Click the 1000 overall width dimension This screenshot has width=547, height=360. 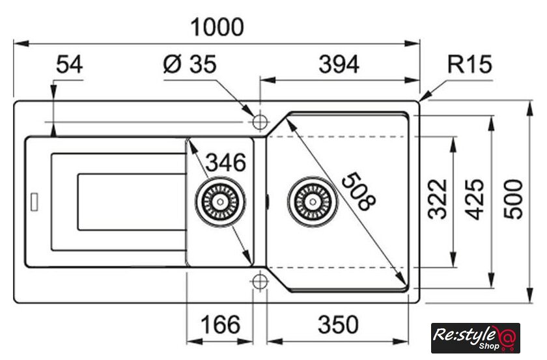[217, 27]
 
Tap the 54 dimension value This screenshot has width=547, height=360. [70, 65]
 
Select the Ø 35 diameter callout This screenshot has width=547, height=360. [190, 65]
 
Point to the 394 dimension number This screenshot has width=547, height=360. [339, 65]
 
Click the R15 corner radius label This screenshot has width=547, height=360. [470, 65]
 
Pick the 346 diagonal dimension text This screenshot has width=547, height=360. [225, 163]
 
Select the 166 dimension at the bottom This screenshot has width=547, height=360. [218, 324]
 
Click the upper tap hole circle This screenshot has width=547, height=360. [260, 122]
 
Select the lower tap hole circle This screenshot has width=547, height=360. [260, 281]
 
